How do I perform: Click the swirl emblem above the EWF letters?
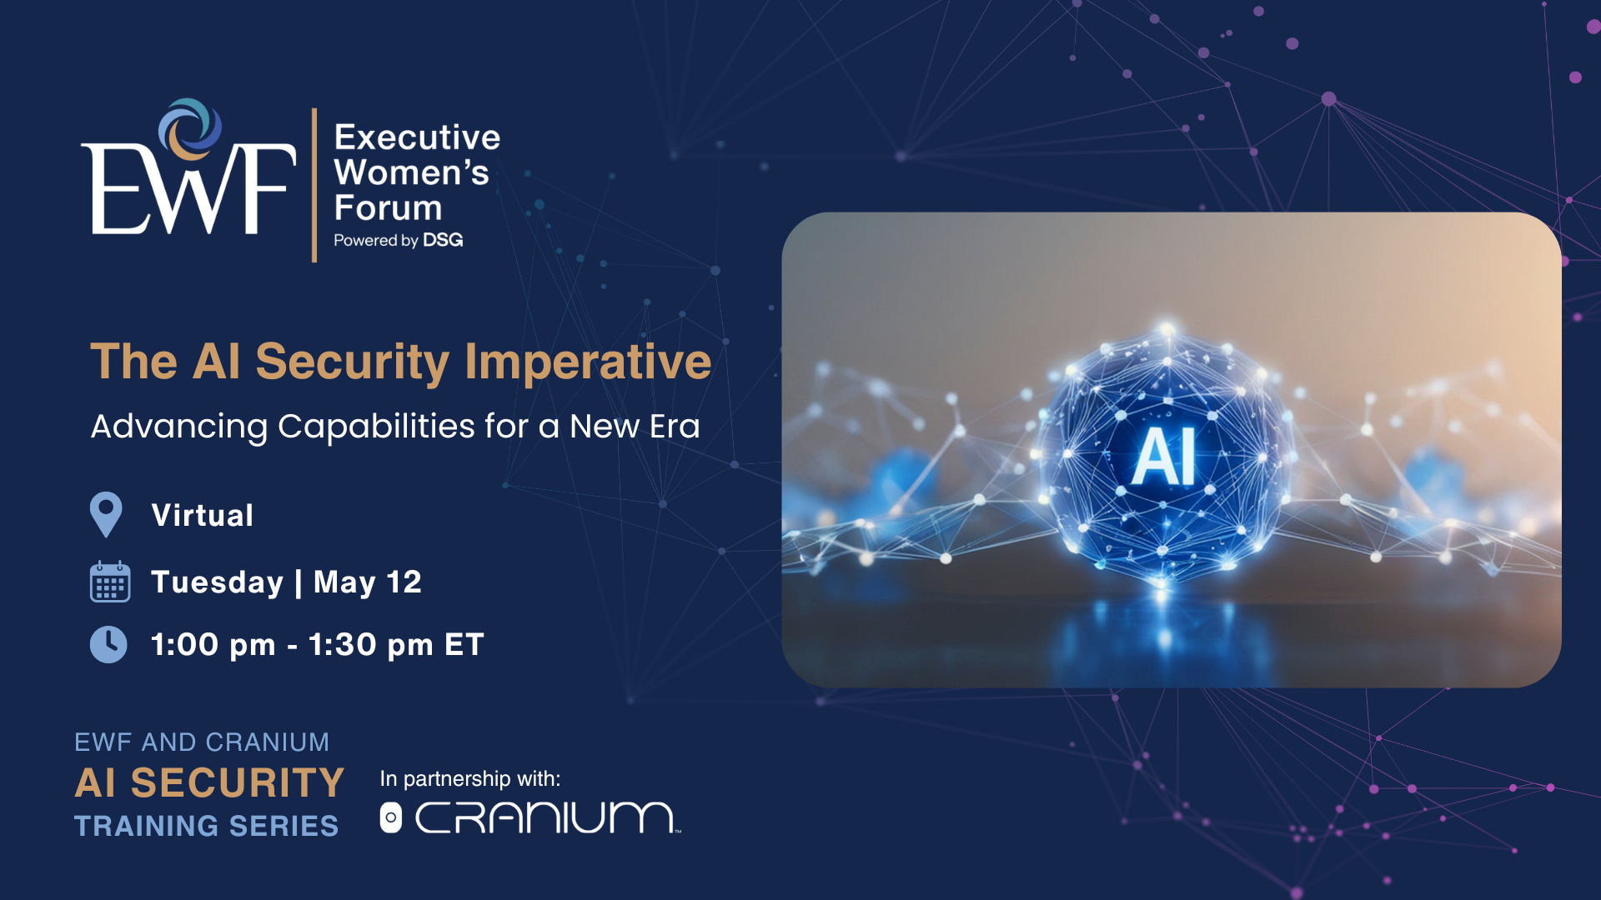tap(190, 129)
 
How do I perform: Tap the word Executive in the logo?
tap(417, 137)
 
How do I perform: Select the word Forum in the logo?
tap(388, 207)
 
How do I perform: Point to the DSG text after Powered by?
tap(443, 240)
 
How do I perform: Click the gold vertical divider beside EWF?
tap(314, 185)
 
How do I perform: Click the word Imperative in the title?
tap(588, 362)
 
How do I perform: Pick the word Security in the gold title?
tap(352, 362)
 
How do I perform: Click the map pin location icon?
tap(106, 514)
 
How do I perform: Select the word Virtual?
tap(203, 515)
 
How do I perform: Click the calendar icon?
tap(110, 581)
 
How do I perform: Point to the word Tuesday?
tap(217, 582)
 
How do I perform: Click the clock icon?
tap(108, 644)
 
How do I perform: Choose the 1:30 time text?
tap(343, 644)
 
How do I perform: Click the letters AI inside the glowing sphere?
tap(1164, 457)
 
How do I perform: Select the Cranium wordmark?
tap(547, 817)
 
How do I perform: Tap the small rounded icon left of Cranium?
tap(390, 817)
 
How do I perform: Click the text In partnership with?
tap(470, 778)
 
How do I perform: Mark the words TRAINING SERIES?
tap(207, 826)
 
